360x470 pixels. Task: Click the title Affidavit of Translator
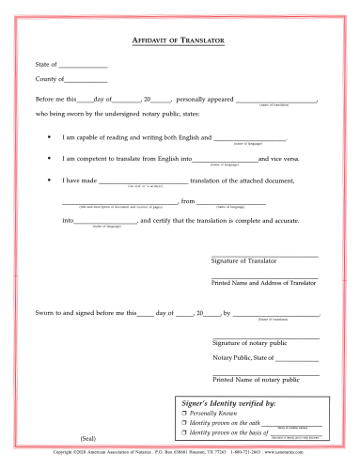coord(180,43)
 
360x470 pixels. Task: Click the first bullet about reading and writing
coord(49,137)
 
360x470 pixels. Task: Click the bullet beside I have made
coord(49,180)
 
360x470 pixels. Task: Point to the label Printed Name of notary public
coord(256,379)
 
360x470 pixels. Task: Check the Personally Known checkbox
coord(183,413)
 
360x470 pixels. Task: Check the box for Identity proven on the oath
coord(183,423)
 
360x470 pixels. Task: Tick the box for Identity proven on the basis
coord(183,433)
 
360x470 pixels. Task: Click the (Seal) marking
coord(87,439)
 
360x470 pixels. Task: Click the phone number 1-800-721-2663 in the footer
coord(247,453)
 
